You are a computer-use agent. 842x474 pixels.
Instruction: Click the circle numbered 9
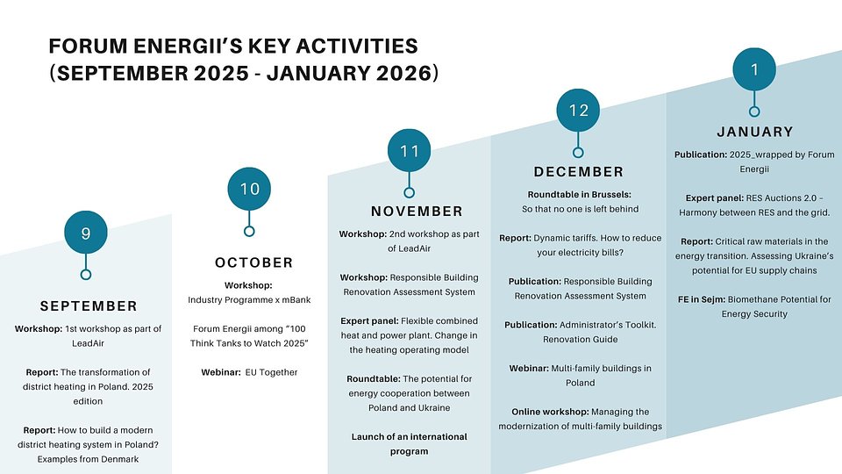[86, 232]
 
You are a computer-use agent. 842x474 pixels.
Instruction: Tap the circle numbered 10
[249, 189]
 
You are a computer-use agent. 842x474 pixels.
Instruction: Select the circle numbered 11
[410, 150]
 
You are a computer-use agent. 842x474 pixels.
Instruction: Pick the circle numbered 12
[578, 111]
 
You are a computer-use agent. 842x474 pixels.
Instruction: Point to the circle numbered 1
[754, 69]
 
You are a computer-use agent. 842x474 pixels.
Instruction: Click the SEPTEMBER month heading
[89, 306]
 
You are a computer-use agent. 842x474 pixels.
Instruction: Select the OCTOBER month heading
[254, 262]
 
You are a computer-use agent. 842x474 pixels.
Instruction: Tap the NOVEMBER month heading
[417, 212]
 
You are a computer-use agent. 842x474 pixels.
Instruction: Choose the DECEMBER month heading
[578, 172]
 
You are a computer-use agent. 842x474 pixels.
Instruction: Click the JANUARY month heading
[755, 132]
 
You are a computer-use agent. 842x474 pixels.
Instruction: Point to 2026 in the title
[403, 73]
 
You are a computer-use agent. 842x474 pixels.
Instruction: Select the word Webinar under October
[221, 372]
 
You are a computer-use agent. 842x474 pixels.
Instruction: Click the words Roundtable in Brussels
[580, 195]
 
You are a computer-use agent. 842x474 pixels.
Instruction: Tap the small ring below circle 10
[249, 232]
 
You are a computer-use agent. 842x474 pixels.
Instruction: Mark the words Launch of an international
[410, 437]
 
